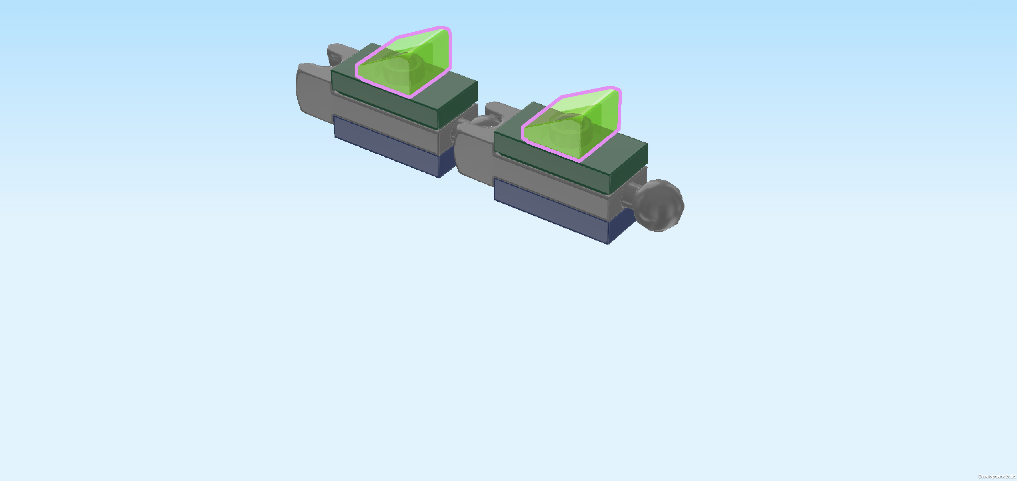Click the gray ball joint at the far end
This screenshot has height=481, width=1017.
(659, 205)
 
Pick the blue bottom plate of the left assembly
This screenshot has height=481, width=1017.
(391, 148)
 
